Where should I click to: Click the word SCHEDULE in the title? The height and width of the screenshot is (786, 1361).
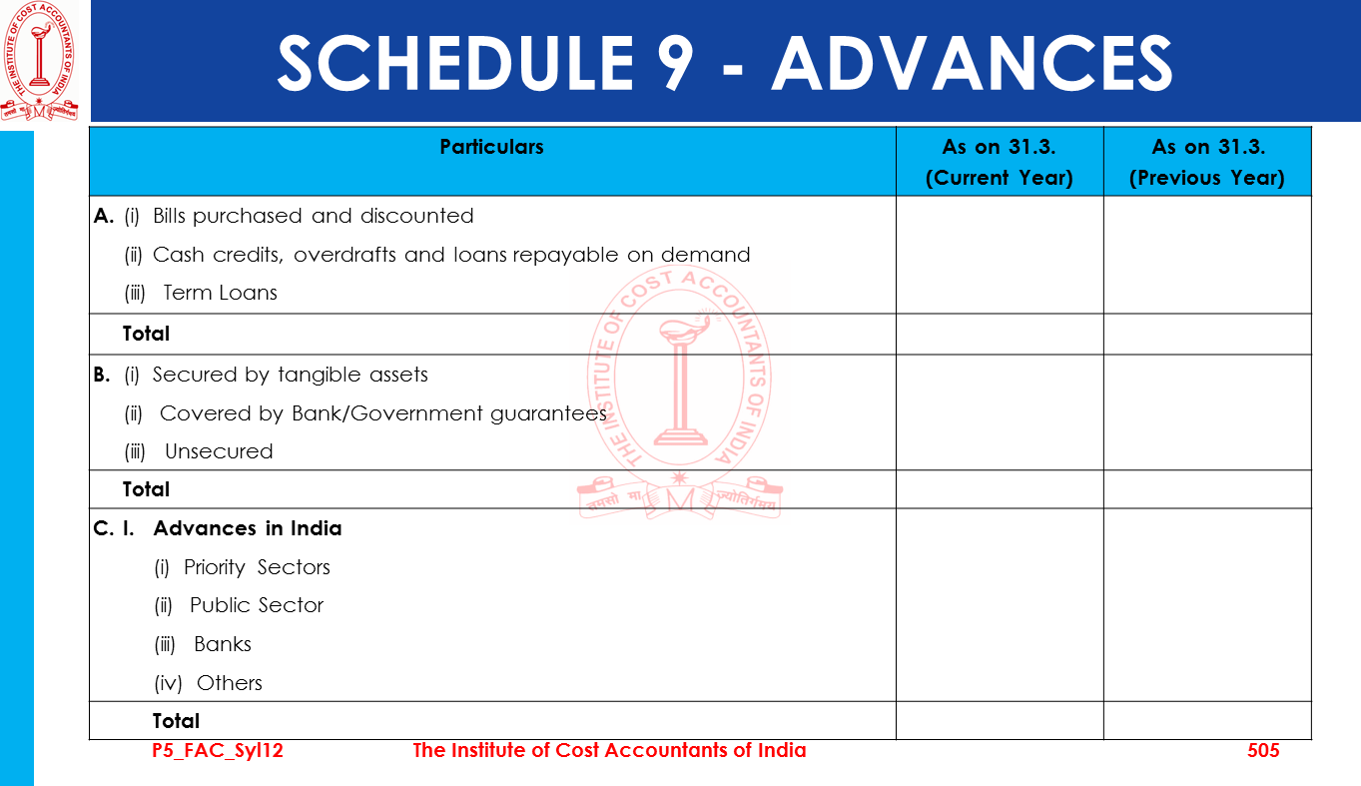coord(454,63)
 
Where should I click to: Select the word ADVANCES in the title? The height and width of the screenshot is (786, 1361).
coord(972,63)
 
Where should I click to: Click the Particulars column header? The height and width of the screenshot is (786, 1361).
coord(491,147)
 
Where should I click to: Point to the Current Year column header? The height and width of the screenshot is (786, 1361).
coord(999,162)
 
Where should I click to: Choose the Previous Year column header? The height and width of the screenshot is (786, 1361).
coord(1206,162)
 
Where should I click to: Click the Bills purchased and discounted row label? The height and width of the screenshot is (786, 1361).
coord(313,216)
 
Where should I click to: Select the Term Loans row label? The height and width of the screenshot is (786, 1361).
coord(220,293)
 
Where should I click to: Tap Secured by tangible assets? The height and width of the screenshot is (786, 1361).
coord(290,375)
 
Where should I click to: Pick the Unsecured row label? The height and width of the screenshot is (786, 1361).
coord(219,451)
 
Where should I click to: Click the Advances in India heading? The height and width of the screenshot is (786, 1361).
coord(247,528)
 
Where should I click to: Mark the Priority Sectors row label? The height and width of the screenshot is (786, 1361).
coord(257,567)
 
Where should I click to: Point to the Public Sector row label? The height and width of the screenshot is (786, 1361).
coord(257,605)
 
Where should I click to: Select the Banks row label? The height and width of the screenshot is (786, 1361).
coord(223,644)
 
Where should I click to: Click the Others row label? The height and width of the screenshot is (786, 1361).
coord(230,683)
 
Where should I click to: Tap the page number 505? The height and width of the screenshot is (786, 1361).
coord(1263,750)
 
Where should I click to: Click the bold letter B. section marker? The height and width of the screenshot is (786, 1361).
coord(101,375)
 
